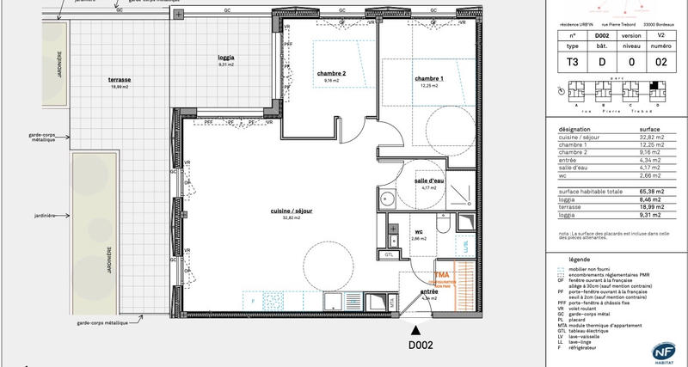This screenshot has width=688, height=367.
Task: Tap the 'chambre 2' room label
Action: (331, 74)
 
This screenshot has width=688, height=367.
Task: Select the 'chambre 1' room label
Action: (429, 78)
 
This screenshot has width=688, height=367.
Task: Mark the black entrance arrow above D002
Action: (417, 329)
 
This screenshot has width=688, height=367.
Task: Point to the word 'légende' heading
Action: (580, 258)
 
